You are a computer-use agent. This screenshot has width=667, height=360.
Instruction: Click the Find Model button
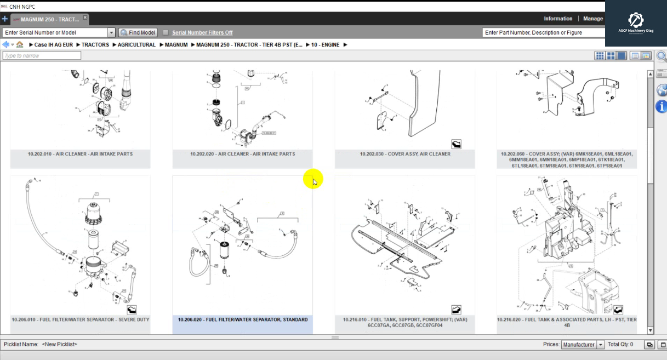[x=138, y=33]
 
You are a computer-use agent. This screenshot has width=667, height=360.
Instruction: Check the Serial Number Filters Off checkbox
[x=166, y=33]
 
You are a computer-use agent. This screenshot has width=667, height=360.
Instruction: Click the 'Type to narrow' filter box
[x=42, y=55]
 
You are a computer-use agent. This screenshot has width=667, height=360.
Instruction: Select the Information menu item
[x=558, y=19]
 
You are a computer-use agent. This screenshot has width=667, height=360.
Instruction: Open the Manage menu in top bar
[x=592, y=19]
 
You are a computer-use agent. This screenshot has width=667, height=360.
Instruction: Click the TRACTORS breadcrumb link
[x=95, y=45]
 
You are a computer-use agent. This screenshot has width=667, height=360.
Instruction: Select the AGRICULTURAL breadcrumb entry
[x=136, y=45]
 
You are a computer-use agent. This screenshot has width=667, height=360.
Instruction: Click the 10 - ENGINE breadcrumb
[x=325, y=45]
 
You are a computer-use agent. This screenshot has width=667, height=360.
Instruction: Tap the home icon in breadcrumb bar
[x=20, y=45]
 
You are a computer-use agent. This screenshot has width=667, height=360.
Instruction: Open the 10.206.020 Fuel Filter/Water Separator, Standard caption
[x=243, y=319]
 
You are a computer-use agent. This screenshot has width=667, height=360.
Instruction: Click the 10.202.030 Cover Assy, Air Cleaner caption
[x=405, y=154]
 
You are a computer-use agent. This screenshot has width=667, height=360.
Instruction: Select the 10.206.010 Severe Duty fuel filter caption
[x=80, y=319]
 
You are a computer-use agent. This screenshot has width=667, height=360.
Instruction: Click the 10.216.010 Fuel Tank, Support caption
[x=405, y=322]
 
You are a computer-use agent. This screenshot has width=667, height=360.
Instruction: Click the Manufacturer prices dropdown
[x=583, y=345]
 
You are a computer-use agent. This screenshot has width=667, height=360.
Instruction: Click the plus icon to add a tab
[x=5, y=19]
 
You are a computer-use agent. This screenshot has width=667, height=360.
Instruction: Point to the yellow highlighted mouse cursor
[x=314, y=180]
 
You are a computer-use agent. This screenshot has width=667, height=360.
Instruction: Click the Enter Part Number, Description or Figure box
[x=543, y=33]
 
